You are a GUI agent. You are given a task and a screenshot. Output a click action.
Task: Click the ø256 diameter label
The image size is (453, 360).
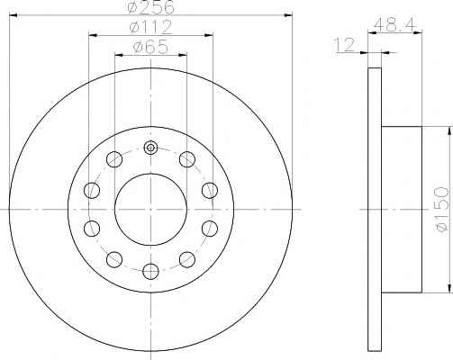[150, 7]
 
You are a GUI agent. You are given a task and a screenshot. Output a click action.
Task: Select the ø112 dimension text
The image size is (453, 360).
[150, 27]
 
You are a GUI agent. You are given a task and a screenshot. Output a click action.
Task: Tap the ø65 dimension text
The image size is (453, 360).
[150, 48]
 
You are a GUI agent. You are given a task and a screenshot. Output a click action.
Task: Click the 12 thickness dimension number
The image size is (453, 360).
[345, 45]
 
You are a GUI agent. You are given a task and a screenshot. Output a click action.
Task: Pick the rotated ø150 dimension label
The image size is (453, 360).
[442, 210]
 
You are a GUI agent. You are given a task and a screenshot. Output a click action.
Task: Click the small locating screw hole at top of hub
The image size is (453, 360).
[150, 148]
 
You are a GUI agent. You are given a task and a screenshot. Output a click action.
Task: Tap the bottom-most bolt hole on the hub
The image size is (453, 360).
[150, 271]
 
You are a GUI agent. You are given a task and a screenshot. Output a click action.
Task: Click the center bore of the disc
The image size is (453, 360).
[150, 210]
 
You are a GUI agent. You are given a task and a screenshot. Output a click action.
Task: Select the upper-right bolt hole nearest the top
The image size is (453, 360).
[187, 159]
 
